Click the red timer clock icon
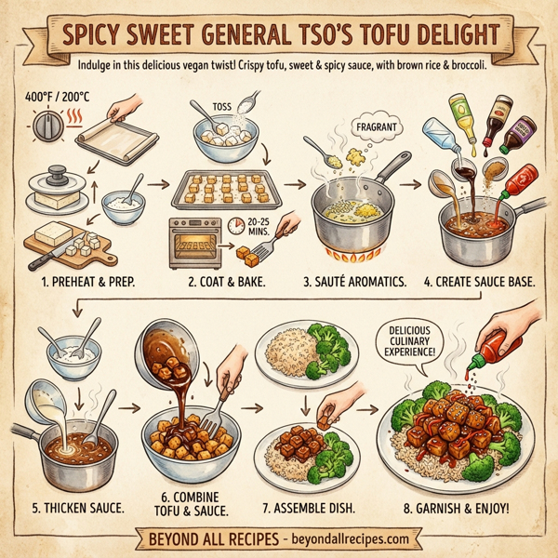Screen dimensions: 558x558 pos(236,226)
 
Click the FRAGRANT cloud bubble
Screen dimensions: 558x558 pos(377,126)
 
